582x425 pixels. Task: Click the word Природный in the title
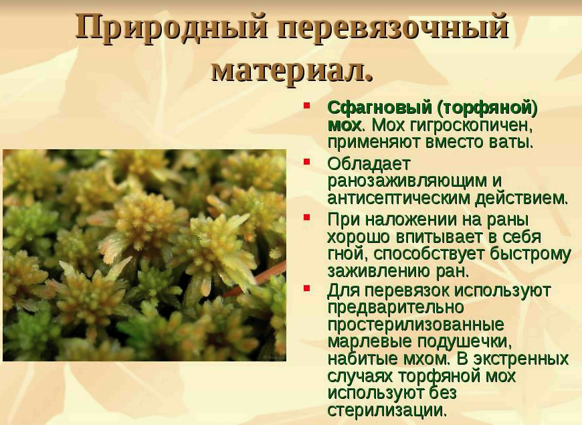171,27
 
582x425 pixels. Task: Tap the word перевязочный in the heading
392,27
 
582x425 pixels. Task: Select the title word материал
292,70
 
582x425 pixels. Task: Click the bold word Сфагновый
379,108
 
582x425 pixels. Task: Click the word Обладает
369,163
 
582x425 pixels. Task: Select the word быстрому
530,255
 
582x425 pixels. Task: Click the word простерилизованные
415,325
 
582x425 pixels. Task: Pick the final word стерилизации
386,410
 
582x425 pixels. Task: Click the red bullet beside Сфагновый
306,106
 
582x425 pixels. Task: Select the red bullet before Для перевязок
306,288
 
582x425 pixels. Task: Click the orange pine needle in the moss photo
255,279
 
